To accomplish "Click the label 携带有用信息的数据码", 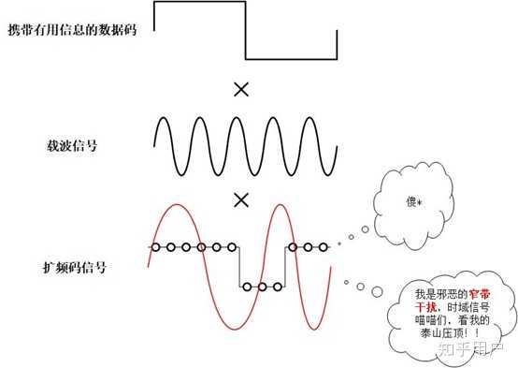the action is pyautogui.click(x=72, y=30).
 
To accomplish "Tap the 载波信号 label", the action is pyautogui.click(x=72, y=145).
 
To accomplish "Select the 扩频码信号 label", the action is pyautogui.click(x=75, y=267).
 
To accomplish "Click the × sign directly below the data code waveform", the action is pyautogui.click(x=241, y=90).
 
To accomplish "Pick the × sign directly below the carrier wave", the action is pyautogui.click(x=241, y=200).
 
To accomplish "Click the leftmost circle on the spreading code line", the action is pyautogui.click(x=155, y=247).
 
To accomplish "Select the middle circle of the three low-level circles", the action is pyautogui.click(x=263, y=287).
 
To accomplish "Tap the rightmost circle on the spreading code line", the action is pyautogui.click(x=324, y=247).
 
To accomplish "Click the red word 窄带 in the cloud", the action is pyautogui.click(x=480, y=294).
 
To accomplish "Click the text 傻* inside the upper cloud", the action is pyautogui.click(x=413, y=201).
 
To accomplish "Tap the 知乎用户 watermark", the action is pyautogui.click(x=470, y=348).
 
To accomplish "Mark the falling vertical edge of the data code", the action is pyautogui.click(x=246, y=31).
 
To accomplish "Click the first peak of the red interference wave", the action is pyautogui.click(x=177, y=204).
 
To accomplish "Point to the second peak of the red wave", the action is pyautogui.click(x=281, y=205).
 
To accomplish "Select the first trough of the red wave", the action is pyautogui.click(x=235, y=329).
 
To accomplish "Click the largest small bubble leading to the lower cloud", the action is pyautogui.click(x=377, y=291).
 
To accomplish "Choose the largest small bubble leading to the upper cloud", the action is pyautogui.click(x=365, y=229).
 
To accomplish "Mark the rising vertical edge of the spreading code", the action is pyautogui.click(x=285, y=267).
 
